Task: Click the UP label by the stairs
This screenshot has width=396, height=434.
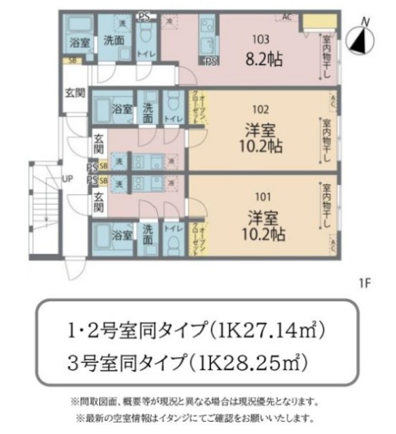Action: tap(68, 179)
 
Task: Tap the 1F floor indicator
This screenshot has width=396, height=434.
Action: tap(365, 280)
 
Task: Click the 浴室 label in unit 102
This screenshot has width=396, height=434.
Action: tap(121, 109)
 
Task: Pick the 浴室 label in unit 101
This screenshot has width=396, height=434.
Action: tap(121, 235)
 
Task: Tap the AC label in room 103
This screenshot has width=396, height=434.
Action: tap(287, 17)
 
